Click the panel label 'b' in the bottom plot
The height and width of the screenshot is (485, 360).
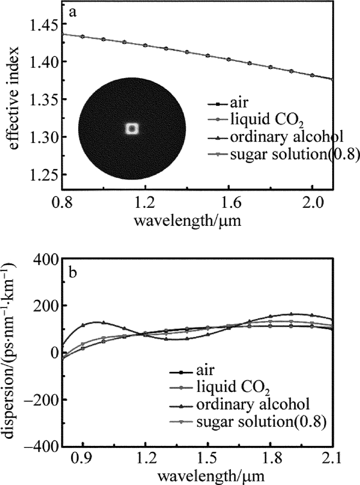point(73,272)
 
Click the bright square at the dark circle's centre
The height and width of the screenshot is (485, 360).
point(132,129)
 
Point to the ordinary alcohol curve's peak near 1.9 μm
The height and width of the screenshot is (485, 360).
point(292,314)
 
